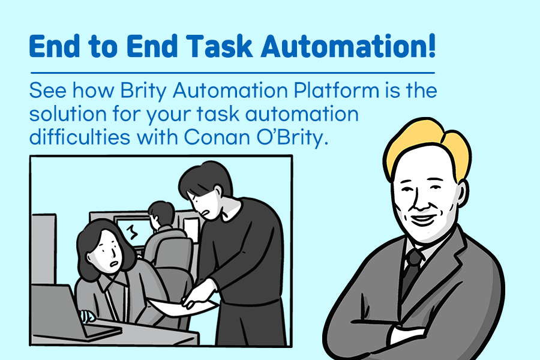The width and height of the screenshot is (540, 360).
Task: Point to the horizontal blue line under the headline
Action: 231,73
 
